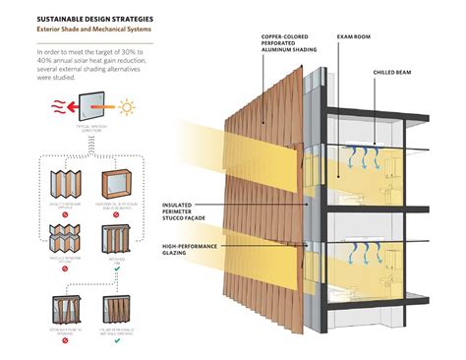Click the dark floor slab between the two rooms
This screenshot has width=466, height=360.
(393, 209)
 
